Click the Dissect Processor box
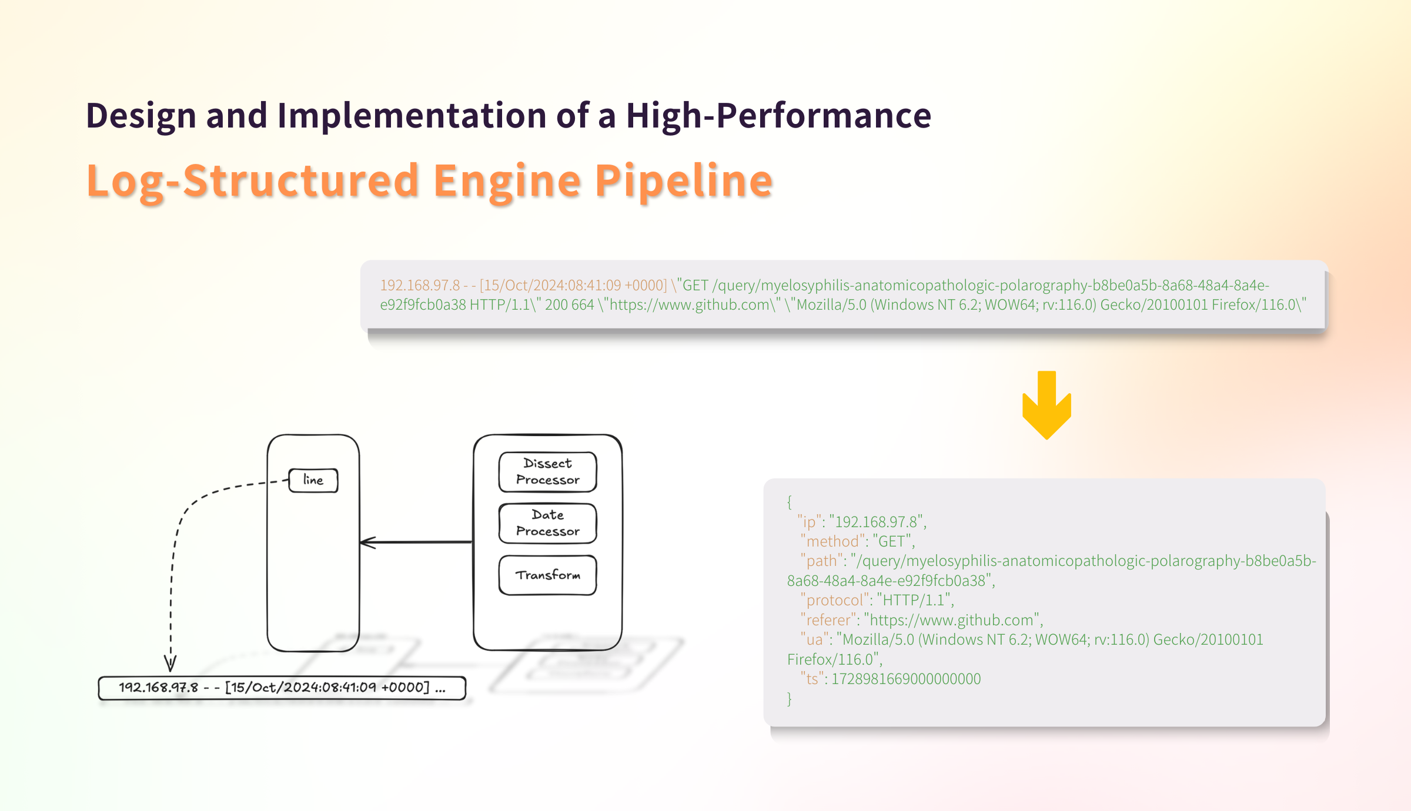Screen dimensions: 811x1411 pyautogui.click(x=547, y=472)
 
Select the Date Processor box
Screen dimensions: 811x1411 pyautogui.click(x=547, y=523)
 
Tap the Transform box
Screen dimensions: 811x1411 pyautogui.click(x=547, y=575)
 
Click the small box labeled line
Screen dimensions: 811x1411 pyautogui.click(x=313, y=480)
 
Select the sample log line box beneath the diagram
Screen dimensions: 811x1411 pyautogui.click(x=282, y=688)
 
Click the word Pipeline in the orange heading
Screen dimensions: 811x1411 pyautogui.click(x=683, y=180)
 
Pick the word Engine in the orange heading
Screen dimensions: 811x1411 pyautogui.click(x=507, y=180)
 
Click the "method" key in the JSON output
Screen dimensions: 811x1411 pyautogui.click(x=832, y=541)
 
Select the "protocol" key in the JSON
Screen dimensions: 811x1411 pyautogui.click(x=834, y=600)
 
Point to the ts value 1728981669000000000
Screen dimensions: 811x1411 pyautogui.click(x=906, y=679)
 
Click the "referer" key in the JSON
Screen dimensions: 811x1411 pyautogui.click(x=828, y=620)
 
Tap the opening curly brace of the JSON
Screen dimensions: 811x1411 pyautogui.click(x=790, y=501)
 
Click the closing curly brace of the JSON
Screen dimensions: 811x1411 pyautogui.click(x=790, y=699)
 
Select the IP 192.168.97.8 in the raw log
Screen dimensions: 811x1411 pyautogui.click(x=420, y=286)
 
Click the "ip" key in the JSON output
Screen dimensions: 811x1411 pyautogui.click(x=809, y=522)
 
